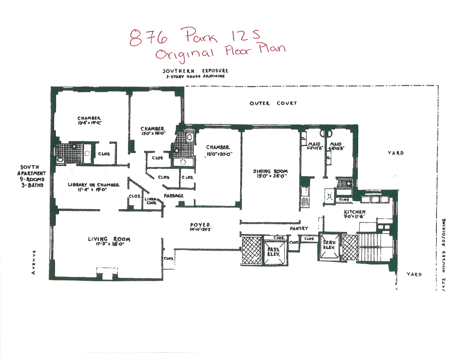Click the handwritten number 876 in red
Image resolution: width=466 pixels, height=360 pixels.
pos(148,37)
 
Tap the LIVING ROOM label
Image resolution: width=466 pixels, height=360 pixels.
pos(109,239)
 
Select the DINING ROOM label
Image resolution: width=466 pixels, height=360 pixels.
pos(270,171)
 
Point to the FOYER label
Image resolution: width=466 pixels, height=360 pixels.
pos(200,225)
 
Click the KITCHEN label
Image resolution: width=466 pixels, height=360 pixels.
pos(354,212)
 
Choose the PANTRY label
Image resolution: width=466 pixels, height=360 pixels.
pos(299,228)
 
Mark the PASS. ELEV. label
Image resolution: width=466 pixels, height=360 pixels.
pos(273,251)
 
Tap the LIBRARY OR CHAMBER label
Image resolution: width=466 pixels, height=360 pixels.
pos(93,185)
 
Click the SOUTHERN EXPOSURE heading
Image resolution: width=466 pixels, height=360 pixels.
pos(195,71)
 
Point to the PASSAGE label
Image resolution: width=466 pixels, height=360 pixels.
pos(174,195)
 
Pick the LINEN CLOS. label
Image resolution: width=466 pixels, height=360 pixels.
pos(151,201)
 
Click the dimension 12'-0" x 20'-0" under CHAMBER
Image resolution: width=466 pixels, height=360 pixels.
pos(220,154)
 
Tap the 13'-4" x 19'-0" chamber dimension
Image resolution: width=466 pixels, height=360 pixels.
pos(89,123)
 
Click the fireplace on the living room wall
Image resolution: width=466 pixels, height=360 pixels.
pos(107,274)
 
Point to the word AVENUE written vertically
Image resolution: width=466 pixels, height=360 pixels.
pos(33,262)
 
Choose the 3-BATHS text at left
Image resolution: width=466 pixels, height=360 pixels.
pos(32,185)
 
